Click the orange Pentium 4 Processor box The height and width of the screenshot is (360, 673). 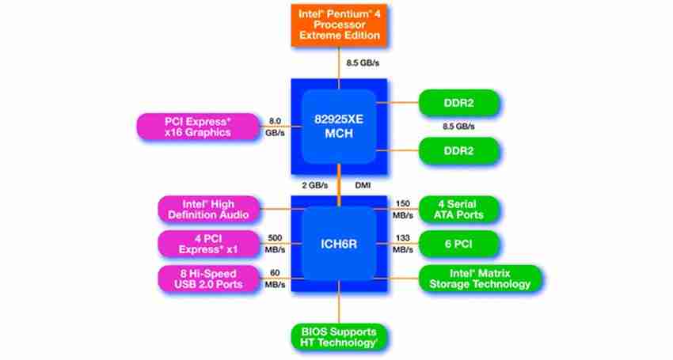pyautogui.click(x=339, y=25)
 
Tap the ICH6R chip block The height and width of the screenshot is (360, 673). pyautogui.click(x=339, y=244)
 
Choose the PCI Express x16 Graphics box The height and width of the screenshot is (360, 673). pyautogui.click(x=198, y=127)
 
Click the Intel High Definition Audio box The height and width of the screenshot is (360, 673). pyautogui.click(x=207, y=209)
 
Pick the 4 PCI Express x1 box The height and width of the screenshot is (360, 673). pyautogui.click(x=207, y=244)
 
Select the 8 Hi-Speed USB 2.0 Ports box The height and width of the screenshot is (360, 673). pyautogui.click(x=207, y=279)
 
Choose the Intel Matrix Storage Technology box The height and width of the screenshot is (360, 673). pyautogui.click(x=480, y=279)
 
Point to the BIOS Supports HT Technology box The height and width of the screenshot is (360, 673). pyautogui.click(x=339, y=336)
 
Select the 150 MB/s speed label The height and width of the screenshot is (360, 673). pyautogui.click(x=403, y=210)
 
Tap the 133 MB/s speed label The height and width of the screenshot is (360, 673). pyautogui.click(x=403, y=244)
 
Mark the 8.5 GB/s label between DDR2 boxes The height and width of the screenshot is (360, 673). pyautogui.click(x=459, y=127)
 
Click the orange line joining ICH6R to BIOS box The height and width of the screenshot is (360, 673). pyautogui.click(x=339, y=305)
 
